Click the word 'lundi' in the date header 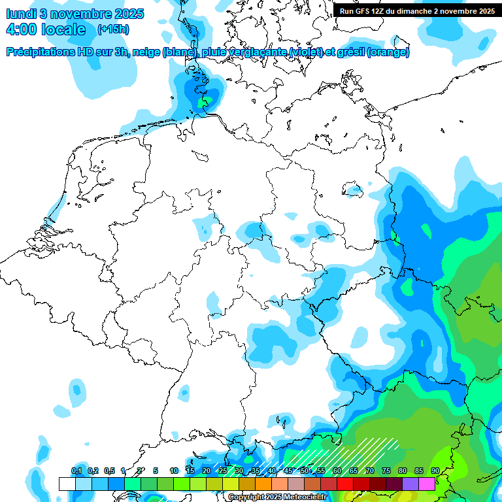(x=22, y=14)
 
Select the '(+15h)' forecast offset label (x=112, y=29)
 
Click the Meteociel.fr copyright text (x=277, y=497)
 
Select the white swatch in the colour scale (x=67, y=484)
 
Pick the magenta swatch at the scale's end (x=427, y=484)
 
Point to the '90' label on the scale (x=435, y=471)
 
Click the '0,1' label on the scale (x=76, y=471)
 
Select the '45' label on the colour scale (x=288, y=471)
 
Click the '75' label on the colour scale (x=386, y=471)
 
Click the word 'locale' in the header (x=63, y=29)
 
